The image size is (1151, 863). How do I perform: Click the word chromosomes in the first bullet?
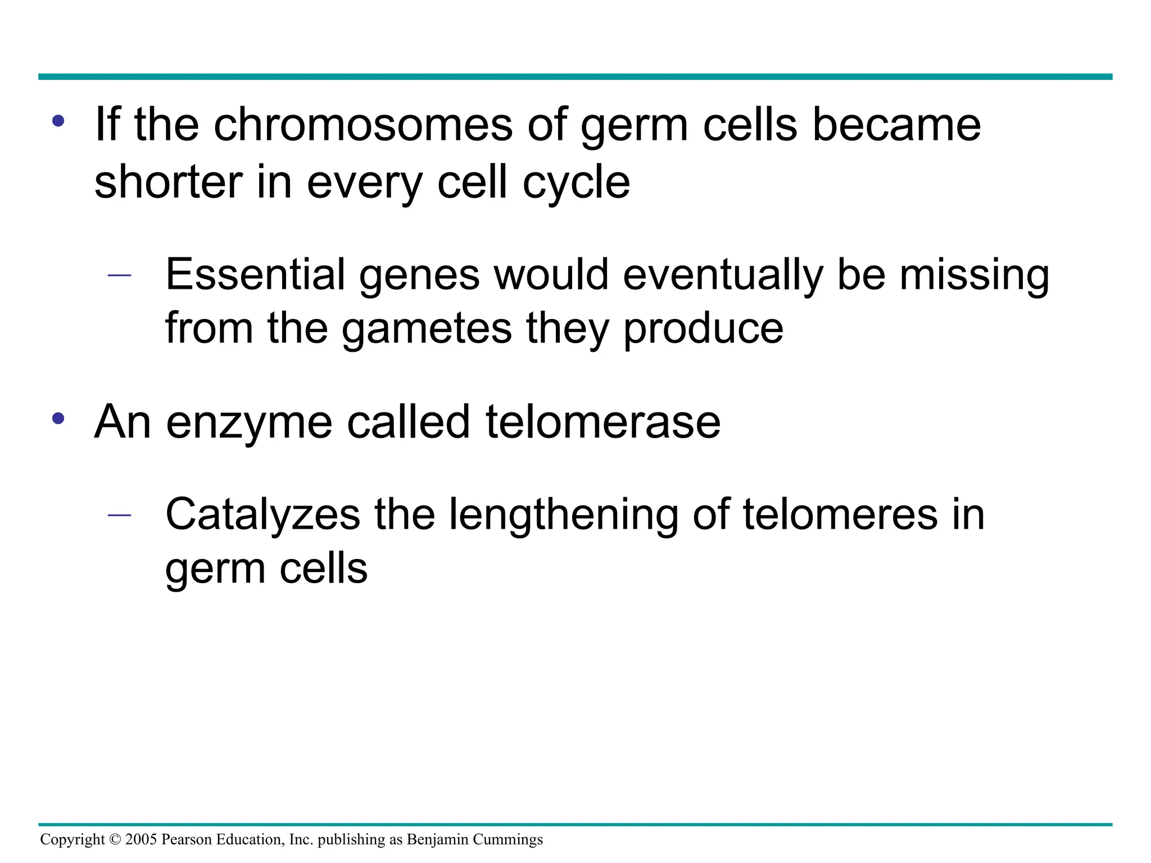(x=362, y=125)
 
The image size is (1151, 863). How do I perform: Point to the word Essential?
(x=255, y=274)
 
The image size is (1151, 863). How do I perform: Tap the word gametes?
(x=427, y=329)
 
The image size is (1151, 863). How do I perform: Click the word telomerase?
(x=602, y=422)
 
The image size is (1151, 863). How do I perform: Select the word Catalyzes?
(x=262, y=515)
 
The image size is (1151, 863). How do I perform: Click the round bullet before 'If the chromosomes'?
(x=58, y=121)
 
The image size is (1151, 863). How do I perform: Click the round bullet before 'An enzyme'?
(x=58, y=419)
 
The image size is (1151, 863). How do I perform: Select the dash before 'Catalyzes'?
(x=119, y=515)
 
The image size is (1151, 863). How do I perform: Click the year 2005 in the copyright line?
(x=141, y=839)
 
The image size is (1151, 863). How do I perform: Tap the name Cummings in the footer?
(x=507, y=840)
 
